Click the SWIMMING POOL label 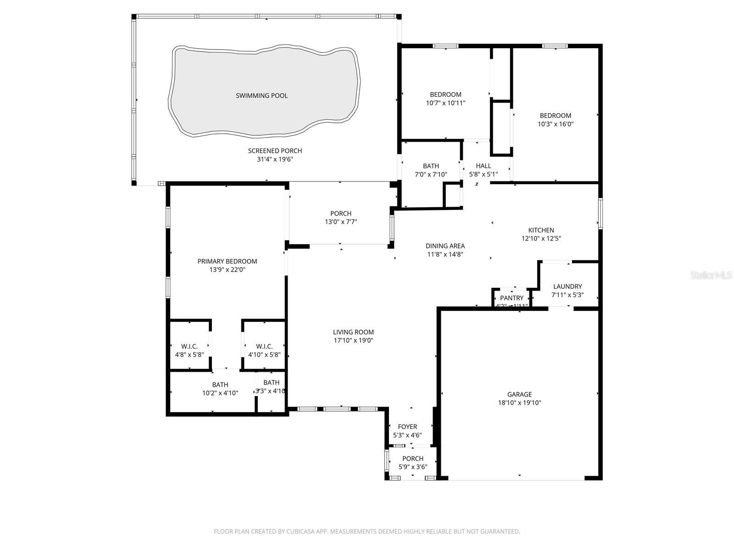(261, 95)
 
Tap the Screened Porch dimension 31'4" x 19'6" (275, 159)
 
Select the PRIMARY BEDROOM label (227, 261)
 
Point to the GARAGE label (519, 394)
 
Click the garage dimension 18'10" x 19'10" (519, 403)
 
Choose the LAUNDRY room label (567, 286)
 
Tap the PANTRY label (512, 298)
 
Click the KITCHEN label (541, 230)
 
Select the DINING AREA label (445, 246)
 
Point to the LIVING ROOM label (353, 332)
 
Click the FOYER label (407, 427)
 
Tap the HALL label (483, 166)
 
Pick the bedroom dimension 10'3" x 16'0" (556, 124)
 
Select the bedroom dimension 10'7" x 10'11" (445, 103)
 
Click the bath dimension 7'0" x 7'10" (431, 174)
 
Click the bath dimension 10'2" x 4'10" (220, 393)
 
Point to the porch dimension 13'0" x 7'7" (340, 222)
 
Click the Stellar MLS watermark (712, 275)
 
